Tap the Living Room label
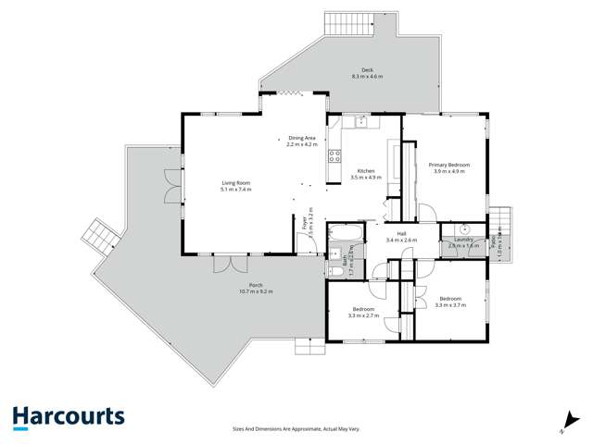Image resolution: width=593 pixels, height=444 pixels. pyautogui.click(x=235, y=183)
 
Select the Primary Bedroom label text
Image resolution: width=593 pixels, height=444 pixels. pyautogui.click(x=448, y=165)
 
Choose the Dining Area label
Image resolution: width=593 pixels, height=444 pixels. pyautogui.click(x=302, y=138)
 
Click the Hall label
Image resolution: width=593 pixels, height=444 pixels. pyautogui.click(x=401, y=234)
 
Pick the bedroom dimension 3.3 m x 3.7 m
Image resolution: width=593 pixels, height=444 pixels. pyautogui.click(x=450, y=305)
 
